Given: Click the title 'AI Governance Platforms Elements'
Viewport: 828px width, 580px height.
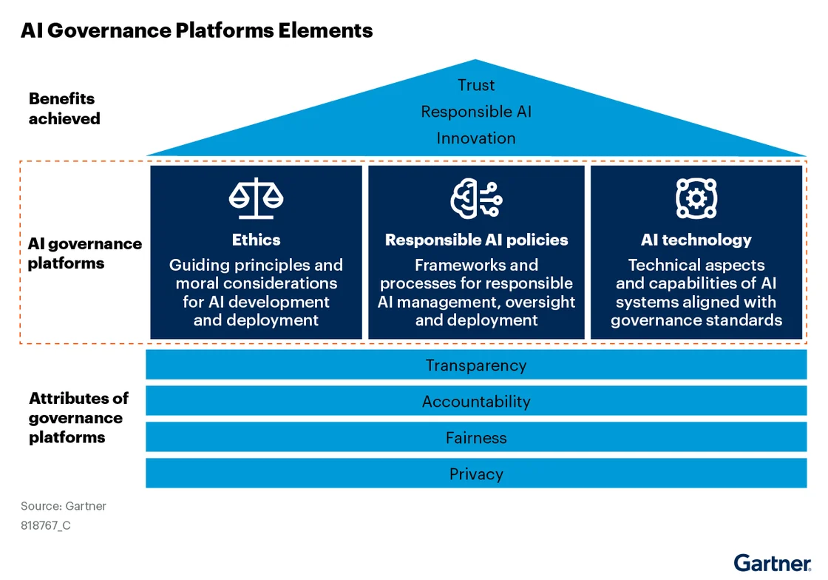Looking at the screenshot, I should tap(197, 30).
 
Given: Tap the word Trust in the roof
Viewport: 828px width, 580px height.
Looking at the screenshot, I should tap(476, 85).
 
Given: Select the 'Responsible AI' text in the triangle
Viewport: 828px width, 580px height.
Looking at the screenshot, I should tap(476, 112).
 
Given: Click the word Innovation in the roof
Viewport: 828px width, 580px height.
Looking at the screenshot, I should tap(476, 138).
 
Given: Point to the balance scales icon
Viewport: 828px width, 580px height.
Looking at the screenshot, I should tap(256, 198).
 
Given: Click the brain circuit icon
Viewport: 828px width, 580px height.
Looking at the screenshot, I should tap(476, 198).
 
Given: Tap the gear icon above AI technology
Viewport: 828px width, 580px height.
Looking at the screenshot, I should tap(696, 198).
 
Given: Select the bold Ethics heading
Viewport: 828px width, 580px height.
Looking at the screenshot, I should tap(256, 240).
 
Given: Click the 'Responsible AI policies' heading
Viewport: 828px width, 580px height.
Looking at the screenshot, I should tap(476, 240).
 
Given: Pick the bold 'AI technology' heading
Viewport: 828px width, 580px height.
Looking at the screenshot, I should tap(696, 240).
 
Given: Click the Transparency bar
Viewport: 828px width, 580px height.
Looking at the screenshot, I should tap(476, 365).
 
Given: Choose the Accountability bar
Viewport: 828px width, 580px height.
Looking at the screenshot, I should tap(476, 401).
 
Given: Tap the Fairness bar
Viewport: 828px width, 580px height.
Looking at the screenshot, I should tap(476, 437).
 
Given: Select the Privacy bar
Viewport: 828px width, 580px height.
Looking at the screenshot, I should tap(476, 473).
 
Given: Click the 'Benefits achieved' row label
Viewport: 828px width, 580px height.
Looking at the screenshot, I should tap(64, 109).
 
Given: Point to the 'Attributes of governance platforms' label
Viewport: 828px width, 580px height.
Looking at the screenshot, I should tap(78, 418).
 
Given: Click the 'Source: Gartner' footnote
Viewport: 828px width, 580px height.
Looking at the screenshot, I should tap(64, 506).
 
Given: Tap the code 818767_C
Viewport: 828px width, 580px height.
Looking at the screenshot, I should tap(46, 526).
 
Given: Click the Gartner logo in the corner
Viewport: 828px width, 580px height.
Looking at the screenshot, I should tap(772, 562).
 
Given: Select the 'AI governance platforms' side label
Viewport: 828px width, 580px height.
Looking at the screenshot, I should tap(84, 253).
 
